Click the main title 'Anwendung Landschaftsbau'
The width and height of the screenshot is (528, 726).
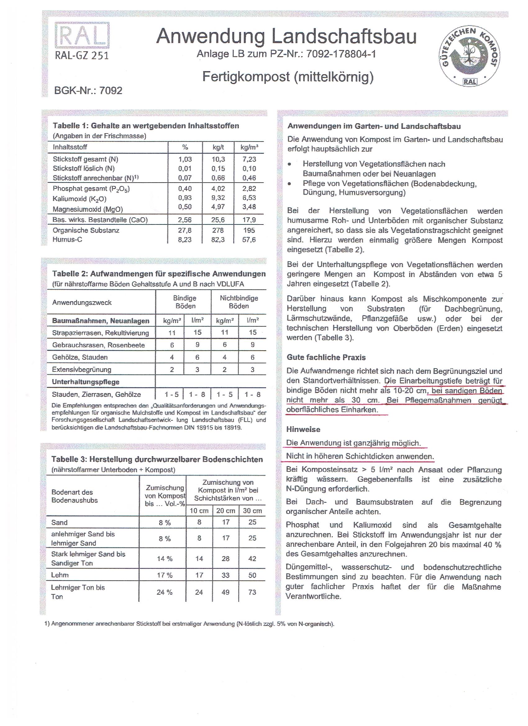click(286, 37)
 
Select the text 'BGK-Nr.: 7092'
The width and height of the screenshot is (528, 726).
click(88, 91)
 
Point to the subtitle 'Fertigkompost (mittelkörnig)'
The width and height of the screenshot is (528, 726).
click(288, 77)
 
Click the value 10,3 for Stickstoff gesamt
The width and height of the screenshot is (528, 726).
click(218, 159)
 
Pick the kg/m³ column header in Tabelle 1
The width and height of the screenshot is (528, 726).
click(249, 147)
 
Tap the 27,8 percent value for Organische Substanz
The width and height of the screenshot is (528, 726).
click(185, 230)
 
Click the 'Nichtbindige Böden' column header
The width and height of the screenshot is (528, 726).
click(239, 302)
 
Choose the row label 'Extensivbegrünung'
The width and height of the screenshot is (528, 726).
click(82, 370)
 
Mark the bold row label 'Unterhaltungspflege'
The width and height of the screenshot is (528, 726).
click(85, 382)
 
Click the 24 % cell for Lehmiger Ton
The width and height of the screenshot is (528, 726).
click(164, 592)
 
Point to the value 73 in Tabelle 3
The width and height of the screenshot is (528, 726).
click(252, 592)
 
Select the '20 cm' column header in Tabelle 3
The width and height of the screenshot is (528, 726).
click(225, 510)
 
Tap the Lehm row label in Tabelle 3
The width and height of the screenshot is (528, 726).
click(60, 575)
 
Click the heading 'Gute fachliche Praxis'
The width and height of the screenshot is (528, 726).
click(326, 357)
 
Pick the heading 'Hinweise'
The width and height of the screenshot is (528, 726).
click(303, 429)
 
